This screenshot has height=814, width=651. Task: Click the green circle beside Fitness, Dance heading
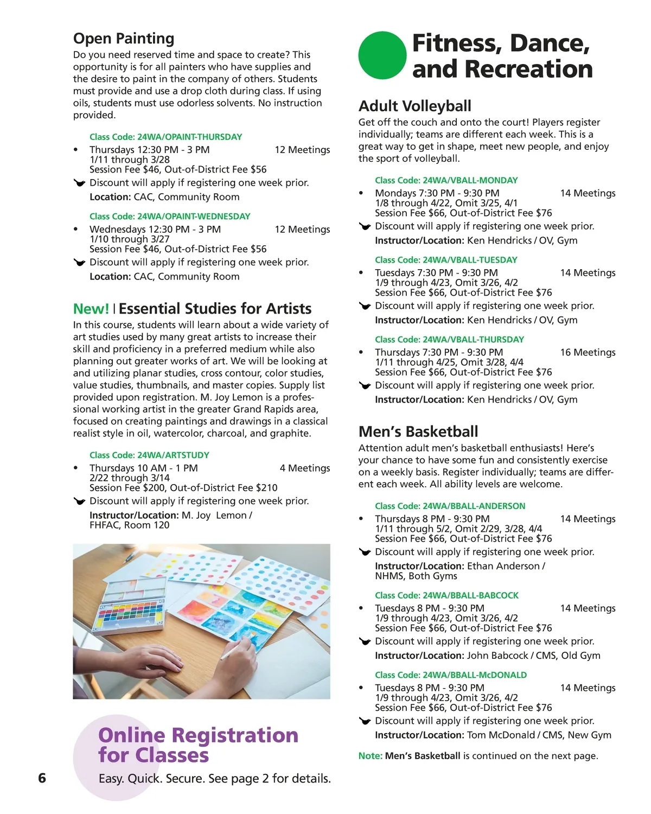pos(382,55)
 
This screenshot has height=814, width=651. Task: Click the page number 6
pos(42,778)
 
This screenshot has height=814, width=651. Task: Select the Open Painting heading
pos(124,39)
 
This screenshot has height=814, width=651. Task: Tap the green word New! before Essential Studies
pos(91,309)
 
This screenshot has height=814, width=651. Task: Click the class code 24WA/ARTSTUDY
pos(173,455)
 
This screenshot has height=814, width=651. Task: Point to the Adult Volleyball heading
pos(414,106)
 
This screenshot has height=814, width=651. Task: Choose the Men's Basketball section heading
pos(418,431)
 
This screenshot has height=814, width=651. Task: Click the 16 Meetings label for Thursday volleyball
pos(588,352)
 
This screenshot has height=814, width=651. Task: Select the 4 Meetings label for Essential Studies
pos(304,468)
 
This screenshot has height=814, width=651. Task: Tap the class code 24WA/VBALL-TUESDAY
pos(470,260)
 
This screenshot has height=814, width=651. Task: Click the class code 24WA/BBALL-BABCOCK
pos(470,595)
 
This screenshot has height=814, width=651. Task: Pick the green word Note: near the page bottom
pos(370,756)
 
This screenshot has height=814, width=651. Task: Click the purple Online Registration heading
pos(198,745)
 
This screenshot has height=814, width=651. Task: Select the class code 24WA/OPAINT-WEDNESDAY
pos(193,217)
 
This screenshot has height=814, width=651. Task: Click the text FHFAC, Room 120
pos(129,525)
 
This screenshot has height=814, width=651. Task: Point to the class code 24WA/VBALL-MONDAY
pos(470,180)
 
